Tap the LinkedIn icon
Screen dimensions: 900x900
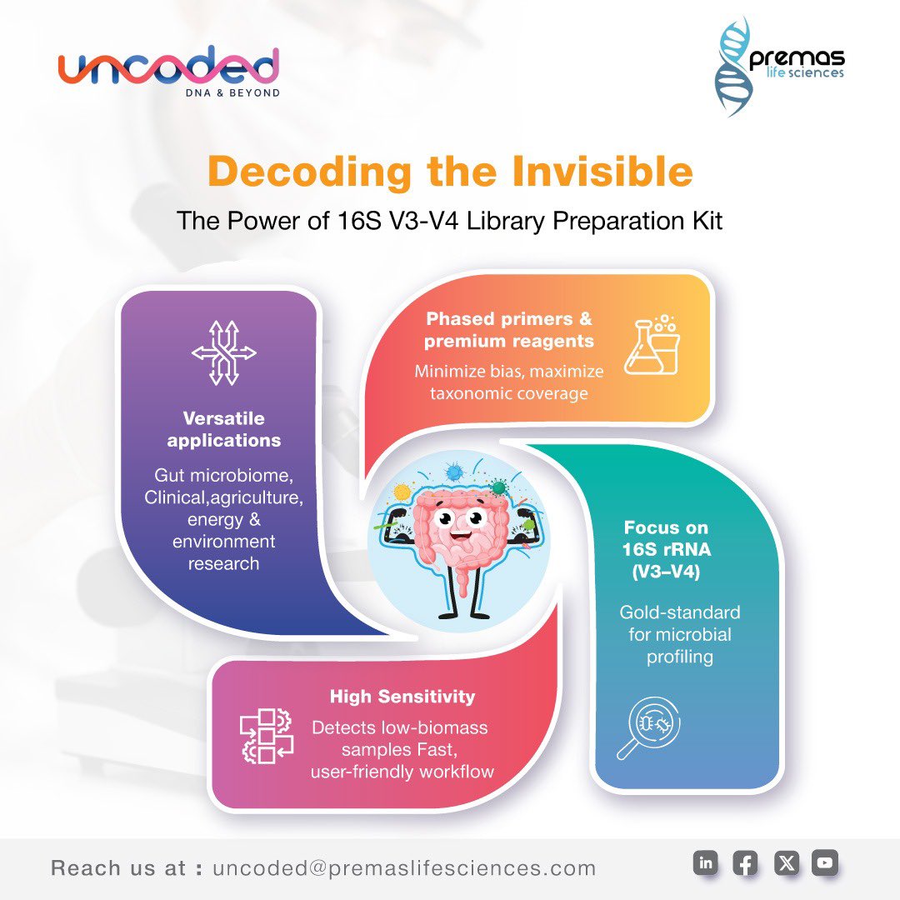coord(705,863)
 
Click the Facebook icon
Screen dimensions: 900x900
coord(745,863)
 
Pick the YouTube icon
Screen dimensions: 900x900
coord(825,863)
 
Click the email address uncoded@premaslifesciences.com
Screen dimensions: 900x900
coord(404,868)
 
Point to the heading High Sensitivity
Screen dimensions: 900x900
coord(402,697)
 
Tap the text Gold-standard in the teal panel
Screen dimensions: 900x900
coord(680,612)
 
